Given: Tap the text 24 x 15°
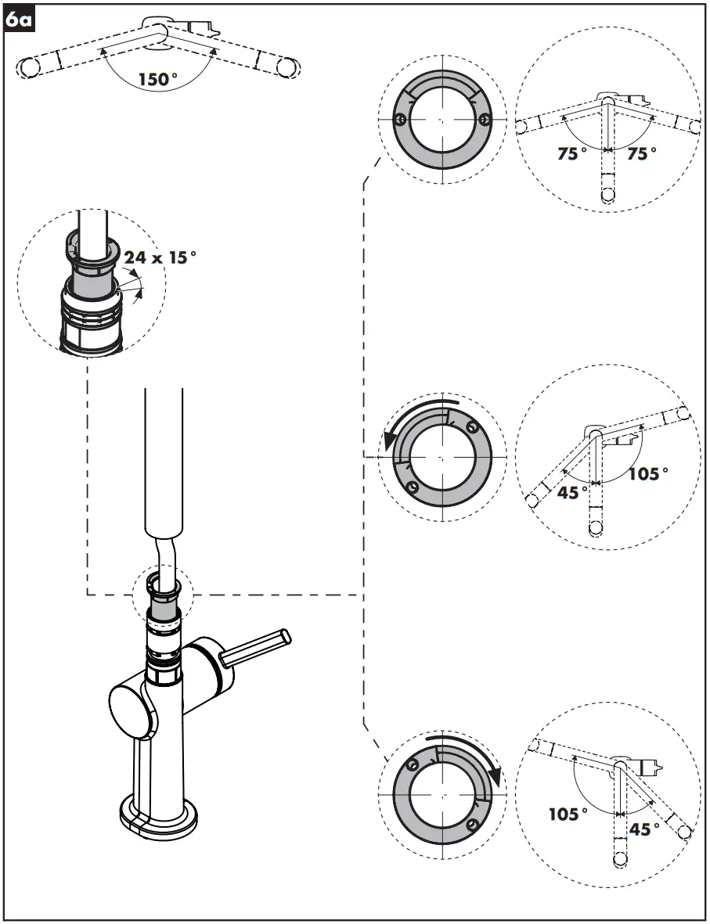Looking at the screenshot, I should coord(156,257).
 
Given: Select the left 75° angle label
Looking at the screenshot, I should coord(572,154).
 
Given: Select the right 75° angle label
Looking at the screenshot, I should coord(642,154).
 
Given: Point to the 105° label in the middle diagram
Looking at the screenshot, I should coord(649,473).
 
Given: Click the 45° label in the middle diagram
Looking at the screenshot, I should coord(573,492).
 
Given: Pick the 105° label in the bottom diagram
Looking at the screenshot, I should coord(568,814).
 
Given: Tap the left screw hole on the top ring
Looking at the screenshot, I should coord(399,120).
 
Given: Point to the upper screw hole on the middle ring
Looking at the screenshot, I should coord(471,427).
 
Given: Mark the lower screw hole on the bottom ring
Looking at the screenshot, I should coord(471,825).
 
